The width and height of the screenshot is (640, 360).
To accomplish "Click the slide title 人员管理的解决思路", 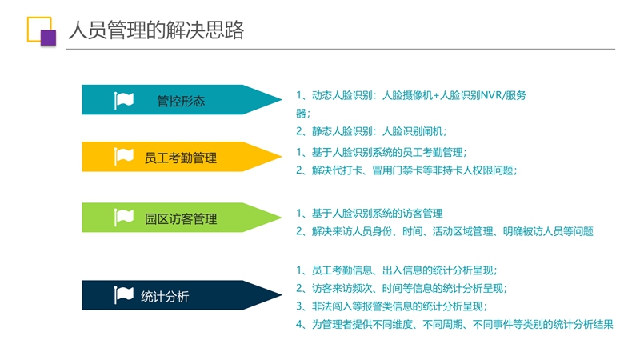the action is [156, 30].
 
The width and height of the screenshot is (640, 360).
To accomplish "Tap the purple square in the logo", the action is [48, 38].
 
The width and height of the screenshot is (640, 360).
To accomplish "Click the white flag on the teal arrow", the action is [124, 101].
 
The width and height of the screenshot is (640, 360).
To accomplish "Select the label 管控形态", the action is [181, 101].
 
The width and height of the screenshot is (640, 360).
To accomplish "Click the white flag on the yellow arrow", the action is [124, 156].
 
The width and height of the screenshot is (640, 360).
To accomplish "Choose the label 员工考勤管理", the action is [181, 158].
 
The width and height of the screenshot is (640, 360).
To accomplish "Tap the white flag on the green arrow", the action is [124, 218].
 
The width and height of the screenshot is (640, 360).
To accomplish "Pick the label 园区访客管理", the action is [181, 218].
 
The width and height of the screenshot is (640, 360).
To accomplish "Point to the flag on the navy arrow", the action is [124, 295].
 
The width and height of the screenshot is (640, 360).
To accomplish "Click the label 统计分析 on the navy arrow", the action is [165, 296].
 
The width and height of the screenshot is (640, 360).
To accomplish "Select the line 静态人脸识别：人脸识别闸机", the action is [371, 131].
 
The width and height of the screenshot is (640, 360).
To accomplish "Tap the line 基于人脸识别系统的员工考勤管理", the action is [381, 152].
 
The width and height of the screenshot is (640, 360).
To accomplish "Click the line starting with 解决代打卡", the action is [406, 170].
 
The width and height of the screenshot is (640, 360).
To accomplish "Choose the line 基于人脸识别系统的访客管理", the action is [370, 213].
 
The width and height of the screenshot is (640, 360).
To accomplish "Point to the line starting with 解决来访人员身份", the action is [445, 231].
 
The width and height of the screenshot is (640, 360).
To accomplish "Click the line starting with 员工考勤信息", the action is [396, 270].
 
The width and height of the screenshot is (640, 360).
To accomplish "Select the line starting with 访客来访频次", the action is [402, 288].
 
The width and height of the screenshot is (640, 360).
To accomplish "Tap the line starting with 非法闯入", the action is [391, 306].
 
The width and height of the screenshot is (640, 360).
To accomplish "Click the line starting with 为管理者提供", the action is [454, 325].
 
